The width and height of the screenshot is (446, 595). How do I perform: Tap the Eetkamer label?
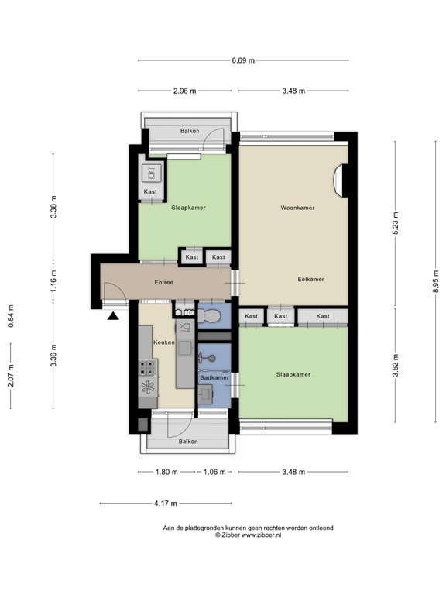click(310, 279)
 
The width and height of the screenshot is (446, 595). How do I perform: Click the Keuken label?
click(163, 341)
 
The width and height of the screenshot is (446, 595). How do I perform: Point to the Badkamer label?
click(213, 377)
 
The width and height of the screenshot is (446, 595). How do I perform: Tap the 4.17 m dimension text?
click(165, 503)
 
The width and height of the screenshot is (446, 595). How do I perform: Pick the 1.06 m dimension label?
click(214, 472)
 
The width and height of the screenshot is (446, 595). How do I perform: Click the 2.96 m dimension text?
click(185, 91)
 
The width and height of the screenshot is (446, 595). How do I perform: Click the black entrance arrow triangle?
click(114, 315)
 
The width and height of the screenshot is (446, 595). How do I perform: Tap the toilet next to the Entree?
click(209, 315)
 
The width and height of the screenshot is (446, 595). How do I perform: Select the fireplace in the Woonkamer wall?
click(338, 180)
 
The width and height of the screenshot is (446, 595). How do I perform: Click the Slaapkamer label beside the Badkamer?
click(293, 374)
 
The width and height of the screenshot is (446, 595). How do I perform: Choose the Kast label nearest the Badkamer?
click(252, 316)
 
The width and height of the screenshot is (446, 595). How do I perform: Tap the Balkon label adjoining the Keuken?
click(188, 442)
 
